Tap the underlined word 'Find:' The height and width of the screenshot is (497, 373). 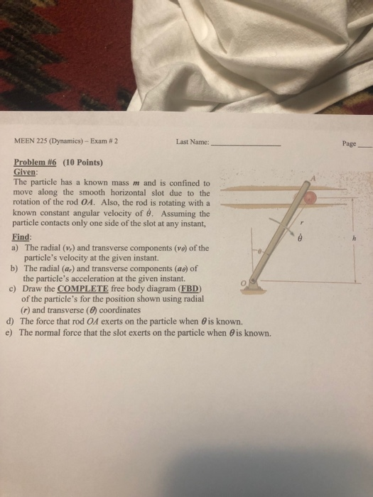(23, 236)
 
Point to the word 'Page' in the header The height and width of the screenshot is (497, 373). (349, 143)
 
